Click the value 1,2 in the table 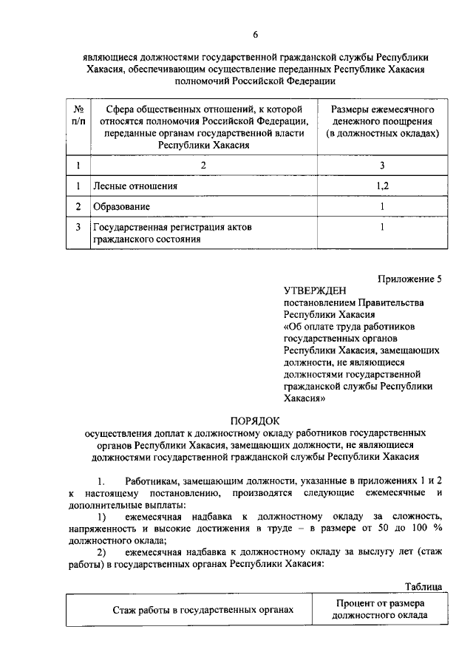click(x=382, y=186)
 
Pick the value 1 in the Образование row click(x=382, y=206)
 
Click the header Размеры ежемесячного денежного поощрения click(x=382, y=120)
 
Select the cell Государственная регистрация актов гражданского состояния click(x=171, y=233)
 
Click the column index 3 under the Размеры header click(x=382, y=166)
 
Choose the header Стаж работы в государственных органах click(x=203, y=610)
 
